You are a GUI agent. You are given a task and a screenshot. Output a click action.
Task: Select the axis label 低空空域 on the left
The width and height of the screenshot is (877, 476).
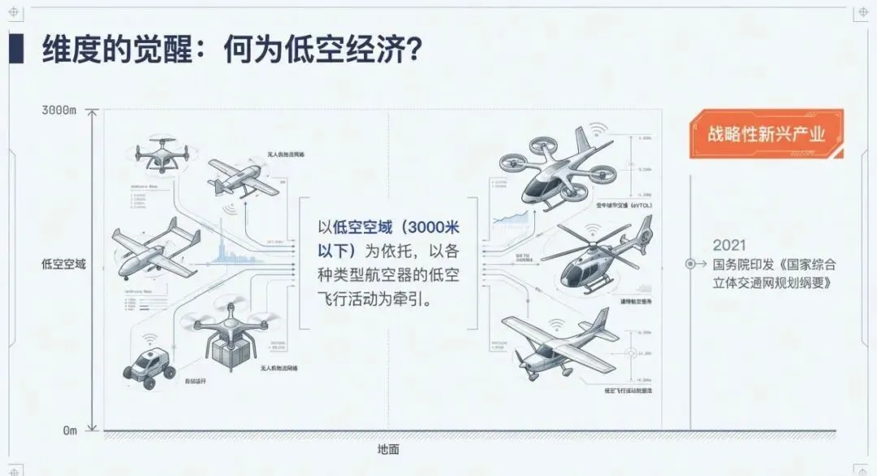pyautogui.click(x=64, y=264)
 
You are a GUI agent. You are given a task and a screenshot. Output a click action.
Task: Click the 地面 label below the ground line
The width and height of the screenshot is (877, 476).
pyautogui.click(x=388, y=449)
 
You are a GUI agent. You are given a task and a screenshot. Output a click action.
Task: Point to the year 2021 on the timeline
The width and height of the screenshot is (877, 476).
pyautogui.click(x=728, y=244)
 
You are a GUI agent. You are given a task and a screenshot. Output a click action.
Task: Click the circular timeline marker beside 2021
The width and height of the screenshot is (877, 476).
pyautogui.click(x=691, y=264)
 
